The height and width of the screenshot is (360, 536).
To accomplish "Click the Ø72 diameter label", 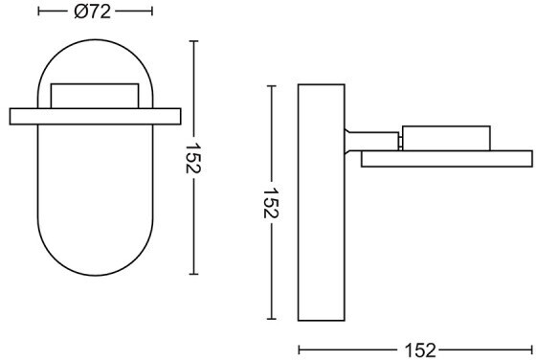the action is tap(92, 11).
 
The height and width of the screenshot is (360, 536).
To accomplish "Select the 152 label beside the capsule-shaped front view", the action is tap(193, 158).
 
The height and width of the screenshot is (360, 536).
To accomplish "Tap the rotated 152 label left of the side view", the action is tap(272, 203).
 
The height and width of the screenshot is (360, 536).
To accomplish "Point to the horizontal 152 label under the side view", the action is tap(420, 350).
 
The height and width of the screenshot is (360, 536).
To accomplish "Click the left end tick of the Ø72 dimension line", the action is tap(38, 11).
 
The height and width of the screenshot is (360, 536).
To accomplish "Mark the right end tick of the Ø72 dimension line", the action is tap(152, 11).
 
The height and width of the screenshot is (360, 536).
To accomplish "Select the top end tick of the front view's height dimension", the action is tap(193, 41).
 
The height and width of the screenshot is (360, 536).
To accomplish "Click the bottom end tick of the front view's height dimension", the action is tap(193, 274).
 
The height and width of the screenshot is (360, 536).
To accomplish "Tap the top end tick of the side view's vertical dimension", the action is tap(272, 86).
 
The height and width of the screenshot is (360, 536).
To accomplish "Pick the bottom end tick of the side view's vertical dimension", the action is tap(272, 319).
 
